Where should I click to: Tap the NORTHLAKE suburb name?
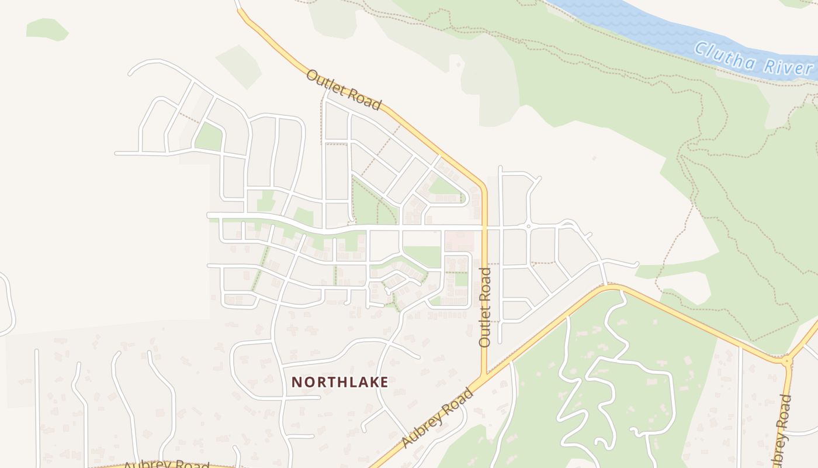click(339, 382)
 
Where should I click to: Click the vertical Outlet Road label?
click(484, 307)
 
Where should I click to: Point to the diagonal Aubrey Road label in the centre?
click(438, 418)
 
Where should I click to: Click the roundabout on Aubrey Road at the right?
click(787, 361)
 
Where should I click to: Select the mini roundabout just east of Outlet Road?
click(528, 226)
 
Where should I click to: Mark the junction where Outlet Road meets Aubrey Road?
click(484, 376)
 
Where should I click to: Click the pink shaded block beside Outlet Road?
click(459, 240)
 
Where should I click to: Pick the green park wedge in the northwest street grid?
click(209, 138)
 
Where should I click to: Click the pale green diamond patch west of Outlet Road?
click(238, 66)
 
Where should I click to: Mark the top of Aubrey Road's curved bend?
click(611, 287)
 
